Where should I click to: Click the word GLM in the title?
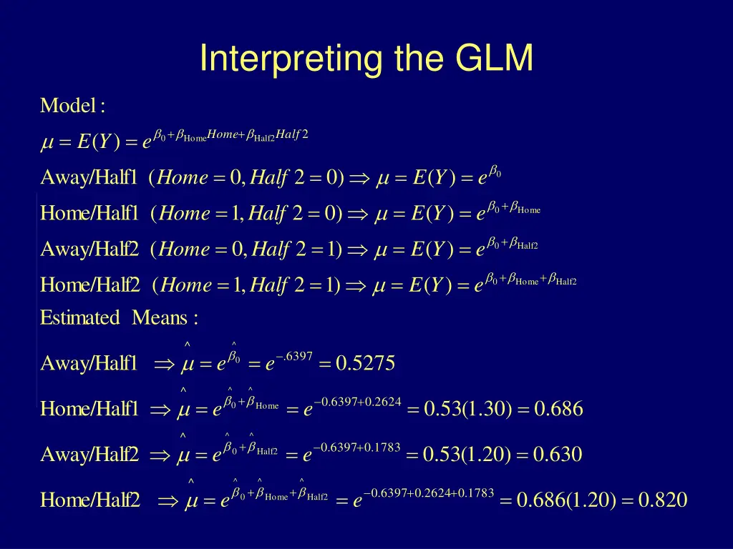coord(493,59)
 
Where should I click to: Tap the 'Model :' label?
coord(73,107)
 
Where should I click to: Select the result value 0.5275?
coord(365,364)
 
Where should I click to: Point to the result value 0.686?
coord(558,409)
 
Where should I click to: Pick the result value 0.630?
coord(558,454)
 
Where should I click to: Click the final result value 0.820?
coord(663,500)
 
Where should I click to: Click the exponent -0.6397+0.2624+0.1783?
coord(429,493)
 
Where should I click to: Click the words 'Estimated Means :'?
coord(119,318)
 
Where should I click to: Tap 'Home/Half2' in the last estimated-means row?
coord(90,500)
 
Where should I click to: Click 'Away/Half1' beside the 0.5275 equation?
coord(89,364)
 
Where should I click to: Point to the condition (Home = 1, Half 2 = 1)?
coord(246,285)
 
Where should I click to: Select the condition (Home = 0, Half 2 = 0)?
coord(247,177)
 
